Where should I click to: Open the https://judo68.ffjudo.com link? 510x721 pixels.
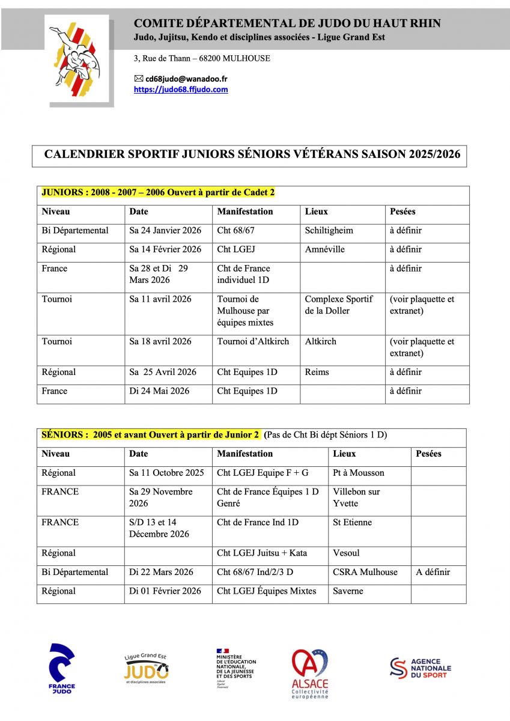click(x=180, y=90)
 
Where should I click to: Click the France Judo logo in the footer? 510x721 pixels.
click(x=62, y=668)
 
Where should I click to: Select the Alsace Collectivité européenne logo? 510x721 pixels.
click(x=310, y=673)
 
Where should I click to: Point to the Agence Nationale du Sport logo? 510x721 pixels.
click(x=420, y=668)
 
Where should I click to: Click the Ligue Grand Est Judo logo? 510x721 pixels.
click(x=146, y=668)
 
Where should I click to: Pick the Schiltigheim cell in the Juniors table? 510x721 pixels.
click(x=329, y=231)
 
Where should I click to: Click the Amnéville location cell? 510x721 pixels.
click(x=324, y=249)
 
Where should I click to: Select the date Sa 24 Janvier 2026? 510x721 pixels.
click(x=165, y=231)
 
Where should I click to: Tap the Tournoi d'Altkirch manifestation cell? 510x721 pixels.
click(x=253, y=341)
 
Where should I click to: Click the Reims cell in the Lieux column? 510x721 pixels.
click(x=317, y=372)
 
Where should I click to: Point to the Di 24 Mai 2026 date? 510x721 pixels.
click(x=159, y=391)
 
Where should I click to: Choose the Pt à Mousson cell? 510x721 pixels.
click(x=358, y=473)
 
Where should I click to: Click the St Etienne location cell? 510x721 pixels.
click(x=352, y=522)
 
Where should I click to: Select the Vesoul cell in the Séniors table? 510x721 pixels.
click(x=346, y=553)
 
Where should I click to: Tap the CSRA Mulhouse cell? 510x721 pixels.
click(x=365, y=572)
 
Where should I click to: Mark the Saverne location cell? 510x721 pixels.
click(x=349, y=591)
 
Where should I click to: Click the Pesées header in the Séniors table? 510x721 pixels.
click(x=428, y=454)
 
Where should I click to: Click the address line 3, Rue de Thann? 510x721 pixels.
click(x=202, y=58)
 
